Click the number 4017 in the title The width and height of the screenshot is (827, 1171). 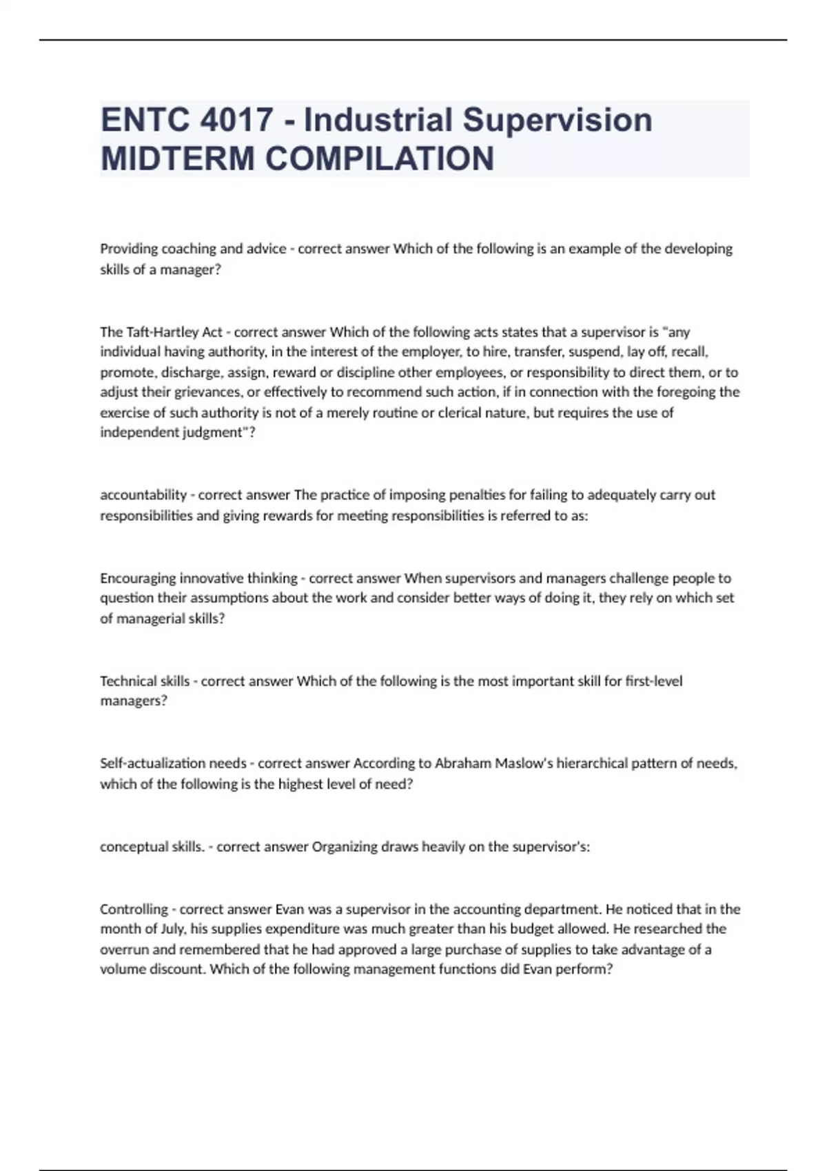coord(236,120)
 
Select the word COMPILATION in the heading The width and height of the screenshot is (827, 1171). coord(380,158)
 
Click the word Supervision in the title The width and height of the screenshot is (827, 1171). coord(557,120)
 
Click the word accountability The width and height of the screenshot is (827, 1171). coord(143,495)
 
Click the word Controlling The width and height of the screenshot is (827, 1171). coord(134,909)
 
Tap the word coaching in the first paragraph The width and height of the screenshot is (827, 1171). coord(188,249)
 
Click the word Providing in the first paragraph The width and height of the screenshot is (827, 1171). coord(129,249)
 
